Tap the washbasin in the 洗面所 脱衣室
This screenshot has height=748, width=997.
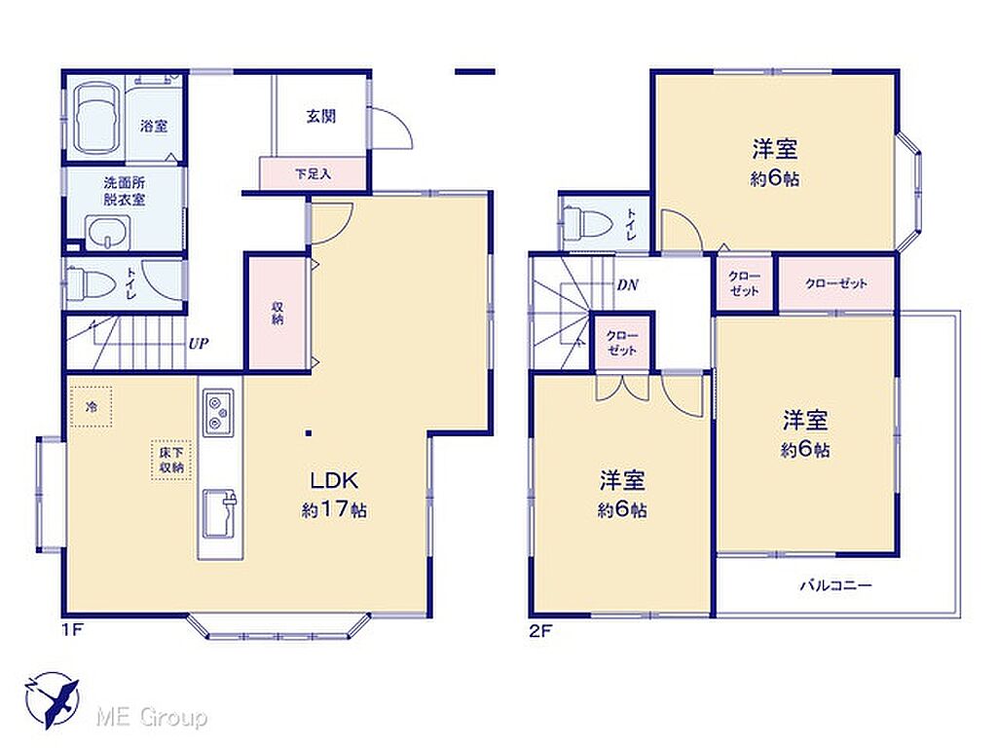click(x=108, y=233)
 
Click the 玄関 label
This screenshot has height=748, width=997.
click(x=320, y=117)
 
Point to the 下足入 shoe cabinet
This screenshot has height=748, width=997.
click(x=313, y=173)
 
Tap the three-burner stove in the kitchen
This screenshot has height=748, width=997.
click(x=218, y=412)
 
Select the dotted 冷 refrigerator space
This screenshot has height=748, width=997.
click(x=92, y=406)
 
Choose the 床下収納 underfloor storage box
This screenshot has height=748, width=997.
click(x=171, y=460)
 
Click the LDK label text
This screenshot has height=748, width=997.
click(x=335, y=480)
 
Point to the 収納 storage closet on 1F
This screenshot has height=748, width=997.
click(x=277, y=313)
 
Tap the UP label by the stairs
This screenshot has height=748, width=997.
click(x=199, y=344)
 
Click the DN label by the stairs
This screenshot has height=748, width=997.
click(x=628, y=285)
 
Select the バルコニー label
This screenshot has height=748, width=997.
click(x=835, y=585)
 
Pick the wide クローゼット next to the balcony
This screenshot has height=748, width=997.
click(x=836, y=283)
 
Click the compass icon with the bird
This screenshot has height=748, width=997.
click(x=53, y=699)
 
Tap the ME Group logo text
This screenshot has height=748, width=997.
click(x=151, y=717)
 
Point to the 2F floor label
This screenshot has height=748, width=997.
click(x=540, y=631)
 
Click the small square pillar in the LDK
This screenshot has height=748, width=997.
click(x=309, y=433)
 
